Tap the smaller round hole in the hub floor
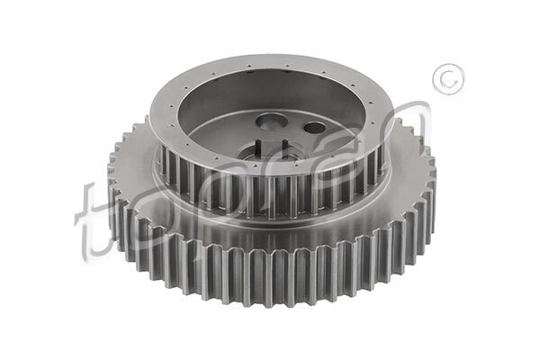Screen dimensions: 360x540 (312, 128)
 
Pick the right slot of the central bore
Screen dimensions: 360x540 (286, 148)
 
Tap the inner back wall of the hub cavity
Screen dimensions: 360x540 (270, 94)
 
